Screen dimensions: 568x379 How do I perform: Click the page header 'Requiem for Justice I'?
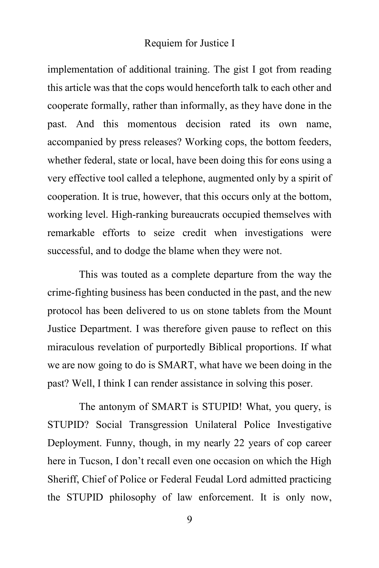189,43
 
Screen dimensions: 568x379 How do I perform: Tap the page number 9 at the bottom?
189,519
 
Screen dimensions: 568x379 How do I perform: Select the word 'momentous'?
152,124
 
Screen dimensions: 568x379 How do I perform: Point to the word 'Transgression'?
158,425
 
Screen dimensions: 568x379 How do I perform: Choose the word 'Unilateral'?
216,425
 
